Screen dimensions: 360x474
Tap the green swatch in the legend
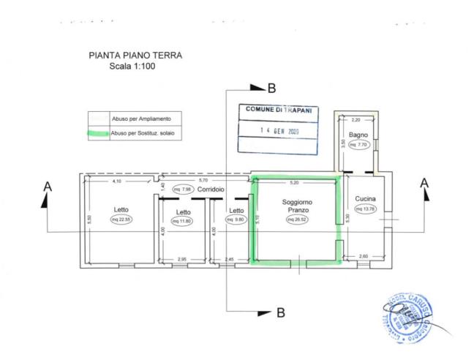[96, 134]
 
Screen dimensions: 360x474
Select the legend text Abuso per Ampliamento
[141, 117]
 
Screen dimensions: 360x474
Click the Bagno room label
[358, 135]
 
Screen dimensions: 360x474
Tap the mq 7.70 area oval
[358, 145]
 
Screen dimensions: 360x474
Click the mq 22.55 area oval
[121, 220]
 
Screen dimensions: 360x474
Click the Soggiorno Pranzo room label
[296, 206]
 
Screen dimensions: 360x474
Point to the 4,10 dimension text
[116, 180]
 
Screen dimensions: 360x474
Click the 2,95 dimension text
[182, 260]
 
